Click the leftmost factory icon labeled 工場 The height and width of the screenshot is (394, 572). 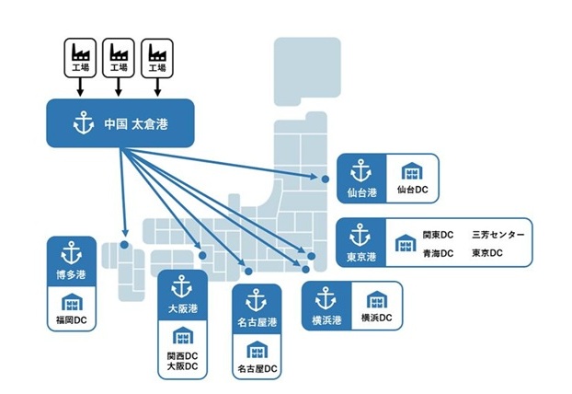(x=80, y=57)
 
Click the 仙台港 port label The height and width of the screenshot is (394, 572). (x=359, y=192)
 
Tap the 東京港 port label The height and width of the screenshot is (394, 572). (x=359, y=257)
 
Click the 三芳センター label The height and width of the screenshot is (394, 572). (x=498, y=235)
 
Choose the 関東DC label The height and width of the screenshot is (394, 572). (x=437, y=235)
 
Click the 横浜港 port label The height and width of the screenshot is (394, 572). (x=326, y=319)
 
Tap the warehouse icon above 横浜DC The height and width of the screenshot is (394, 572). (x=376, y=301)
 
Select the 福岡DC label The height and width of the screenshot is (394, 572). (x=72, y=322)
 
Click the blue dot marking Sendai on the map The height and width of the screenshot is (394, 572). (x=325, y=179)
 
